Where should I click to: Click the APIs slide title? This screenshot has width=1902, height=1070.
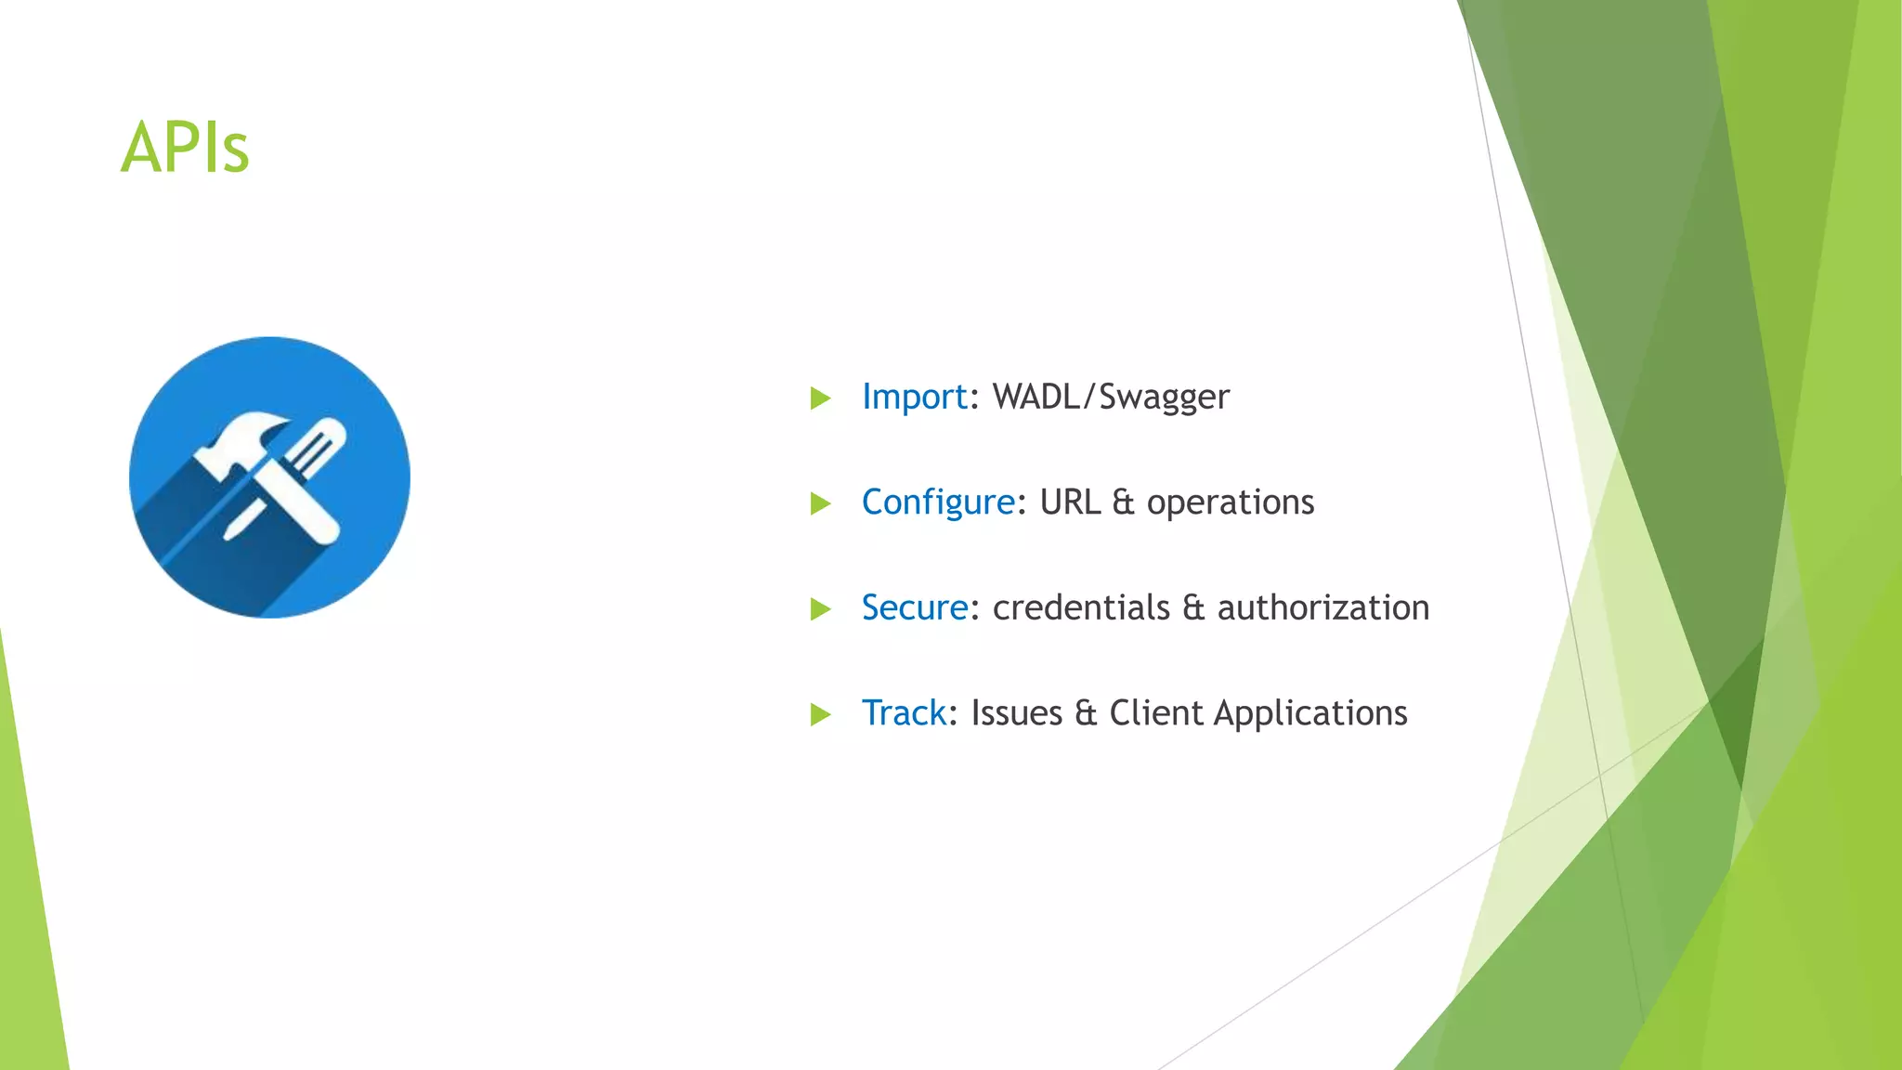(x=185, y=148)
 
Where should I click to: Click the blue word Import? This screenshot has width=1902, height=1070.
(x=914, y=398)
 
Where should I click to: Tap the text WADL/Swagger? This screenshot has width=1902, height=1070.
(x=1111, y=398)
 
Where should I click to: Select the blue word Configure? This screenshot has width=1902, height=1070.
(x=938, y=502)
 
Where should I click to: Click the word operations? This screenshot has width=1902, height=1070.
(x=1230, y=502)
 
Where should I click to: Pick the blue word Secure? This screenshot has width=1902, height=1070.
(x=914, y=608)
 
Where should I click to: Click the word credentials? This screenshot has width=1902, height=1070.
(x=1081, y=608)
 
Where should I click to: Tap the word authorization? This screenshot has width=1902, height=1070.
(x=1322, y=608)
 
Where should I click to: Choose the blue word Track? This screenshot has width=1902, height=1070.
(x=903, y=713)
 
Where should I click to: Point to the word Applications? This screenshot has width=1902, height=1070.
(x=1309, y=713)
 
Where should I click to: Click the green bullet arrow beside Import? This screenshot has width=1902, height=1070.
(x=819, y=398)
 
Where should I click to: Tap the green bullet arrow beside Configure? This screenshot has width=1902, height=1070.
(x=819, y=503)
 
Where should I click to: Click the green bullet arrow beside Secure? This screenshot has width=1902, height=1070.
(x=819, y=609)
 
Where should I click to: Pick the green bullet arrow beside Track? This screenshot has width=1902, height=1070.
(x=819, y=714)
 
